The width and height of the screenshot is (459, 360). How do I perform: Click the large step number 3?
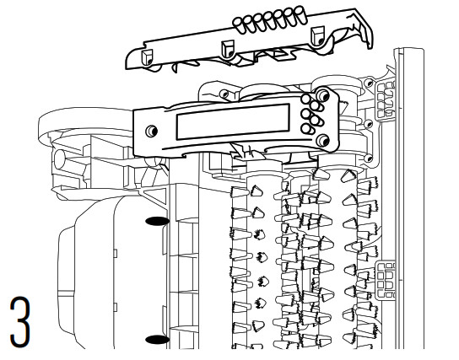click(x=20, y=322)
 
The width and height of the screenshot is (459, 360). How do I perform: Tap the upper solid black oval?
click(x=157, y=221)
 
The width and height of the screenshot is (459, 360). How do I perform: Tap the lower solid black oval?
click(x=157, y=340)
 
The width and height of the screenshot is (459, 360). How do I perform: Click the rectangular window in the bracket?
click(x=233, y=121)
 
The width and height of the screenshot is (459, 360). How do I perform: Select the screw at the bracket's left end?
click(x=151, y=131)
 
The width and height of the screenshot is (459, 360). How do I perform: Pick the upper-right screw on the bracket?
click(x=323, y=95)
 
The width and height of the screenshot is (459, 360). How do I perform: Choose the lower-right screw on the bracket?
click(x=323, y=141)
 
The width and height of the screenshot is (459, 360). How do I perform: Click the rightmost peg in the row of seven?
click(x=300, y=14)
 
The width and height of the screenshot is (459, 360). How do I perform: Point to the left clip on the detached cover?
click(x=147, y=57)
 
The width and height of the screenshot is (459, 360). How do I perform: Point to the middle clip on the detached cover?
click(x=228, y=49)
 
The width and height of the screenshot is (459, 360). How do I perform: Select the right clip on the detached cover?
click(x=318, y=35)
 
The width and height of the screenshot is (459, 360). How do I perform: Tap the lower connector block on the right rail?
click(x=386, y=280)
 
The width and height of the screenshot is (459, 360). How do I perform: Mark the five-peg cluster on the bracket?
click(x=312, y=114)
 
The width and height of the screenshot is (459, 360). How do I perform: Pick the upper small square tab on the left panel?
click(x=115, y=253)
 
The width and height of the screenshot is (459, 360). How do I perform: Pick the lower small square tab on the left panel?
click(x=115, y=307)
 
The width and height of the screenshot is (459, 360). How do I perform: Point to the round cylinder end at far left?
click(x=59, y=159)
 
